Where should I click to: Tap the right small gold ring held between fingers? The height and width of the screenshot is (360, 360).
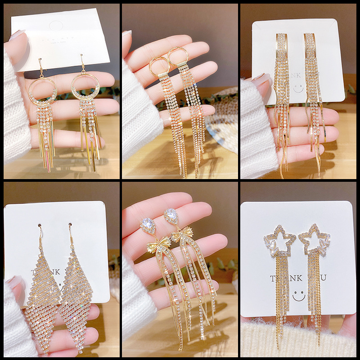(x=178, y=56)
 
